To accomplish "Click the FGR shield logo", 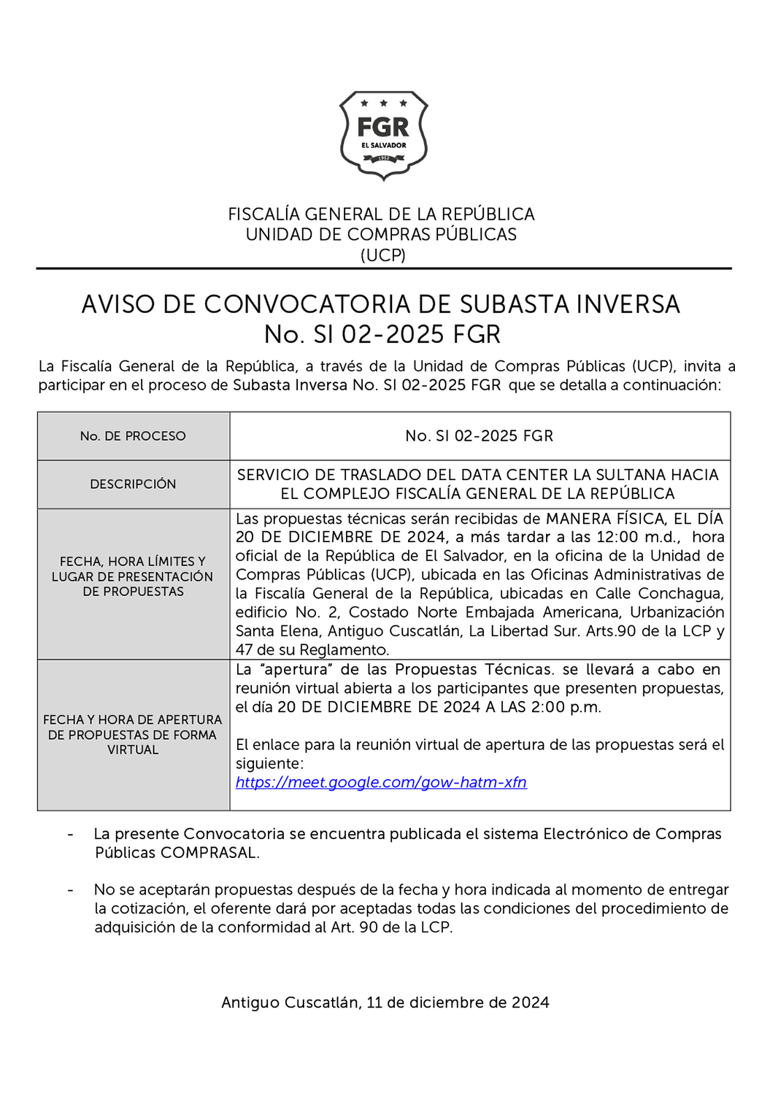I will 383,135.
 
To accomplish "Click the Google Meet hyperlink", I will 380,782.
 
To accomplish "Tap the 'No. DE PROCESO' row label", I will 133,436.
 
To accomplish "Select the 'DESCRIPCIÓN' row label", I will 133,484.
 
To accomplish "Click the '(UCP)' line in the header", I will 383,255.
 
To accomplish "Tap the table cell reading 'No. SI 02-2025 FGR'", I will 479,436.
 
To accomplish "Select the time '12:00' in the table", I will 617,537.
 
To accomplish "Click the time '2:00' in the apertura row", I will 553,707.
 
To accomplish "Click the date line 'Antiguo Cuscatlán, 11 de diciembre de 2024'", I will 385,1003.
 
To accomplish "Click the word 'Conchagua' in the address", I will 682,593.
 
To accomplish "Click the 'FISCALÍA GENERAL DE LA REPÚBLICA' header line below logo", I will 381,215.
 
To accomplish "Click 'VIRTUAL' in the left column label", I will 133,750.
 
